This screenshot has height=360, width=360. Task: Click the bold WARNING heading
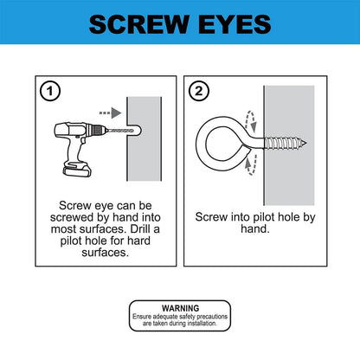pos(179,307)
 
